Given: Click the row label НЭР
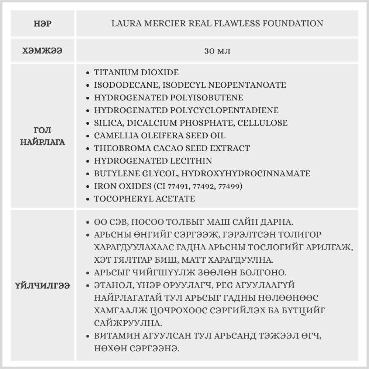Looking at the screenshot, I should tap(42, 24).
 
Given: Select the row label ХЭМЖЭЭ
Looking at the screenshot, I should tap(42, 51).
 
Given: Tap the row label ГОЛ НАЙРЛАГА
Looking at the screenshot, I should tap(42, 136).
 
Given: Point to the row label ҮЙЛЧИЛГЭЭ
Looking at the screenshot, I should tap(42, 286).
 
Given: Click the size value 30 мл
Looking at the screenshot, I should tap(217, 51).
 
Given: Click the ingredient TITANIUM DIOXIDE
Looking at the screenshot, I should tap(136, 72).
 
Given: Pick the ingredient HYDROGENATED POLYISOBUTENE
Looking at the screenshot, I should tap(168, 98).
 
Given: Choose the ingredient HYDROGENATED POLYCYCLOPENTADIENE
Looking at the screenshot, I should tap(186, 110).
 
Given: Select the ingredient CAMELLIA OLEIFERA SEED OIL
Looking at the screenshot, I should tap(159, 135).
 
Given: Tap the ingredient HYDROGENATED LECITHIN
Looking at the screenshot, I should tap(153, 161).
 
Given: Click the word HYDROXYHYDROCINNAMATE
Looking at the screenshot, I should tap(246, 173).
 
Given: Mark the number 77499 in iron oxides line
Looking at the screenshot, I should tap(231, 186).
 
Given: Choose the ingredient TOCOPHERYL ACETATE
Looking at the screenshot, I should tap(144, 199).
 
